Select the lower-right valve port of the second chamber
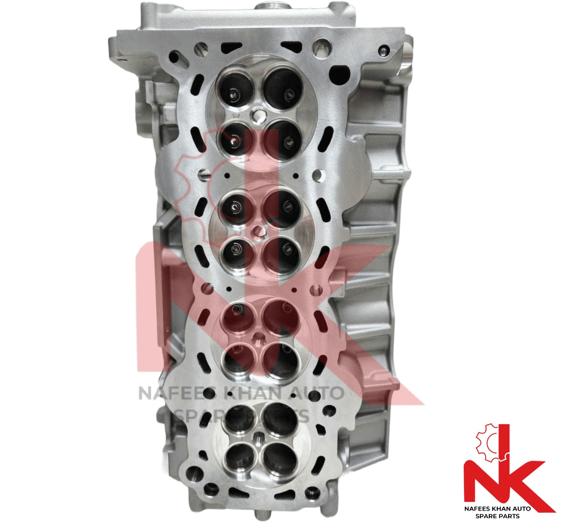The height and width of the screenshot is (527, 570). (x=282, y=255)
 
